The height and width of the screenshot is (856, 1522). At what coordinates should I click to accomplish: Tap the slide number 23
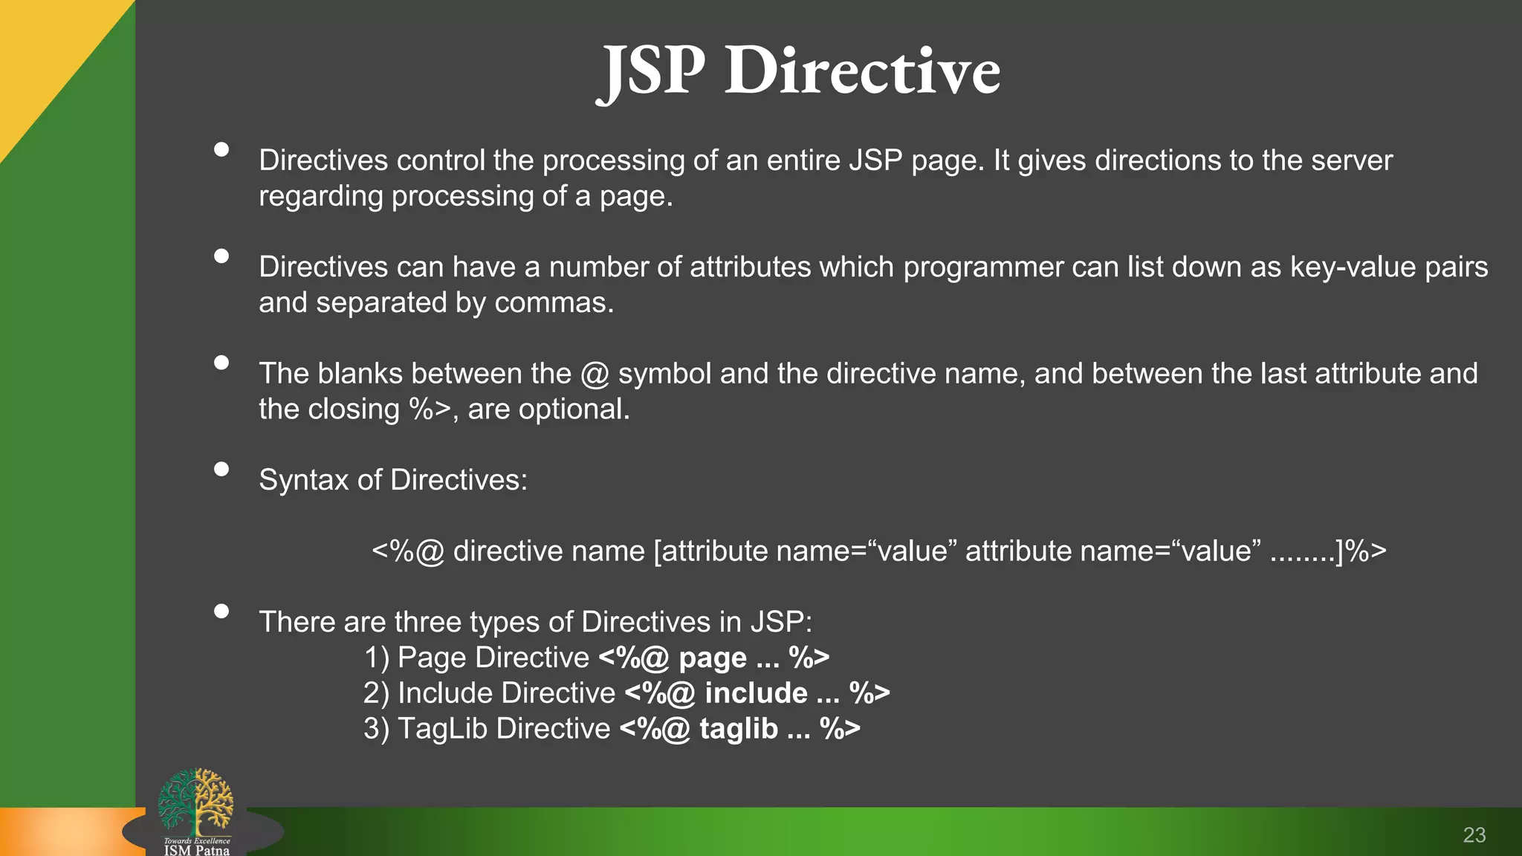coord(1474,835)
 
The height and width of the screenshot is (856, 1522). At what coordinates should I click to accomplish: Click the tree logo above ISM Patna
coord(196,801)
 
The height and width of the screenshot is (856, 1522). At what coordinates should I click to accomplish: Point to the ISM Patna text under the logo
coord(196,849)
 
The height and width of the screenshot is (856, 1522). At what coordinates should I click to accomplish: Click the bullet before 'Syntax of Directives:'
coord(221,469)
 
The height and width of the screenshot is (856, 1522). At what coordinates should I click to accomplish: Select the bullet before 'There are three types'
coord(221,611)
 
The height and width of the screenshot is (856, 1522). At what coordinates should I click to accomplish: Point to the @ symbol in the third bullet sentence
coord(595,374)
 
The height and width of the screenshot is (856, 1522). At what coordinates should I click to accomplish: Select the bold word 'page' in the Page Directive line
coord(712,658)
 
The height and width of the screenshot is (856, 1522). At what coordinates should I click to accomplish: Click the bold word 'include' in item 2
coord(756,693)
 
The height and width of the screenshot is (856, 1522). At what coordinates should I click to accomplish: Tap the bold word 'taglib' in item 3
coord(739,729)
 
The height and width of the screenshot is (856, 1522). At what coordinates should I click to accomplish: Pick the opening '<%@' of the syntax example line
coord(408,551)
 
